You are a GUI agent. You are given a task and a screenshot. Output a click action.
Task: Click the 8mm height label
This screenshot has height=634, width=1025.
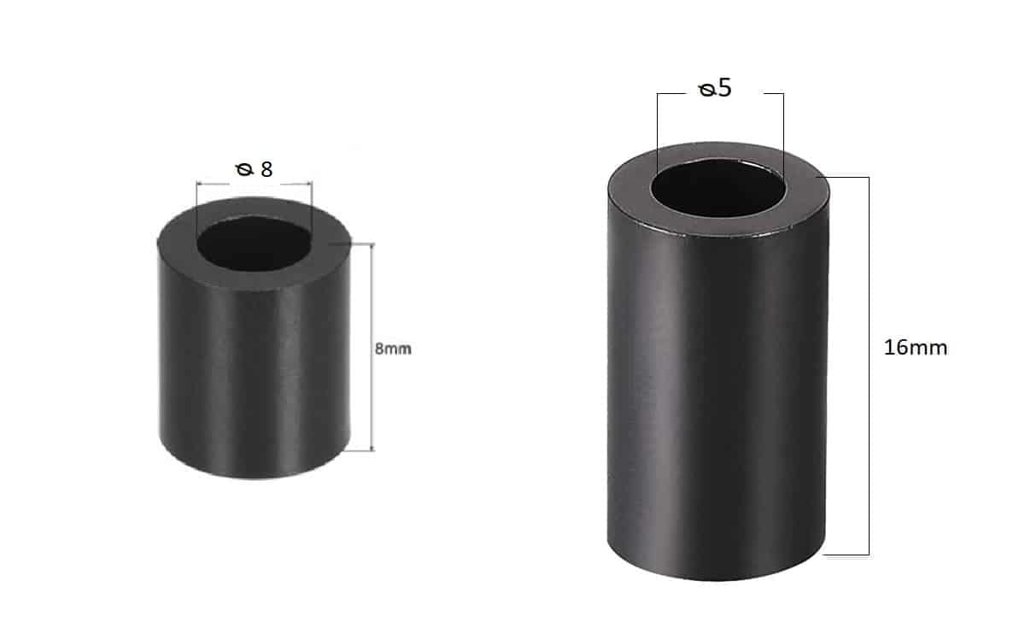tap(393, 349)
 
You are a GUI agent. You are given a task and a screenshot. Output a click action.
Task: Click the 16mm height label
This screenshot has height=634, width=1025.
tap(916, 348)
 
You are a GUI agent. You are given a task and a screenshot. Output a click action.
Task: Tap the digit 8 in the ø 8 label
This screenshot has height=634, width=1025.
tap(266, 169)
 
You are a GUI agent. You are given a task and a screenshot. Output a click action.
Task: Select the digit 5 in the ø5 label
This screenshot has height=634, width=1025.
tap(724, 87)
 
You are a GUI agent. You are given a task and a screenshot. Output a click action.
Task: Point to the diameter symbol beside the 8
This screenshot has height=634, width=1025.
tap(244, 170)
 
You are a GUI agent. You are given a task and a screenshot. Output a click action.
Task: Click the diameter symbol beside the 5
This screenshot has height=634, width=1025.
tap(707, 90)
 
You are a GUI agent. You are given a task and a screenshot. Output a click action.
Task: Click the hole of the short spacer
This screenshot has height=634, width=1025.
tap(255, 244)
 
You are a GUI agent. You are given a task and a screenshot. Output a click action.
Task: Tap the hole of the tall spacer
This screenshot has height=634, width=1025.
tap(718, 188)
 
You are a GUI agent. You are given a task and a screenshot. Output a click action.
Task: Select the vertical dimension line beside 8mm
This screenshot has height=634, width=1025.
tap(372, 347)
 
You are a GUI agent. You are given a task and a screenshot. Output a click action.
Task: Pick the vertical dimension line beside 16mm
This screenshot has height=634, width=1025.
tap(869, 367)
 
